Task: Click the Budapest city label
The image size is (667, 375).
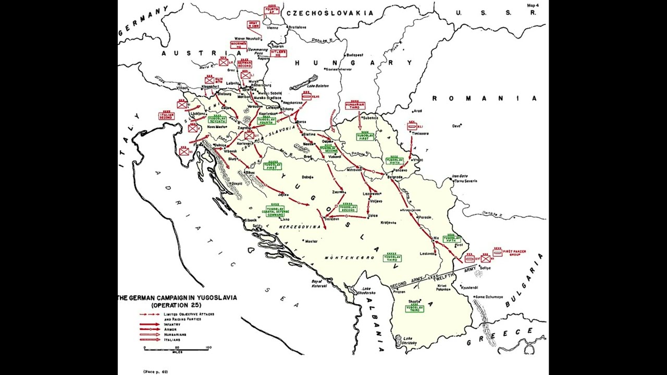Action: (x=354, y=55)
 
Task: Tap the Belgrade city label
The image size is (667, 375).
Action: (x=395, y=177)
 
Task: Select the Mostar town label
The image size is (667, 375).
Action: (x=311, y=241)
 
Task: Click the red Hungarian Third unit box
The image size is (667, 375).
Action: (x=355, y=106)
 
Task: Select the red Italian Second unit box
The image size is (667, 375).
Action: (x=166, y=116)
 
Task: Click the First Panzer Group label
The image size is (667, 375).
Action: (x=514, y=253)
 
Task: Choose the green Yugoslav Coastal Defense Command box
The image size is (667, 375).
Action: (x=275, y=211)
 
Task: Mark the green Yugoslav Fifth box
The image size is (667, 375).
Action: (x=451, y=240)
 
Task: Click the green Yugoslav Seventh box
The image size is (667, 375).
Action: (x=217, y=120)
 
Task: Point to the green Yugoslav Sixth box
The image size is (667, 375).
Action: (x=394, y=161)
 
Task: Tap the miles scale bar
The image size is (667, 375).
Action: (x=177, y=347)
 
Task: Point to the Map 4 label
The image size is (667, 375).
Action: (x=533, y=5)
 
